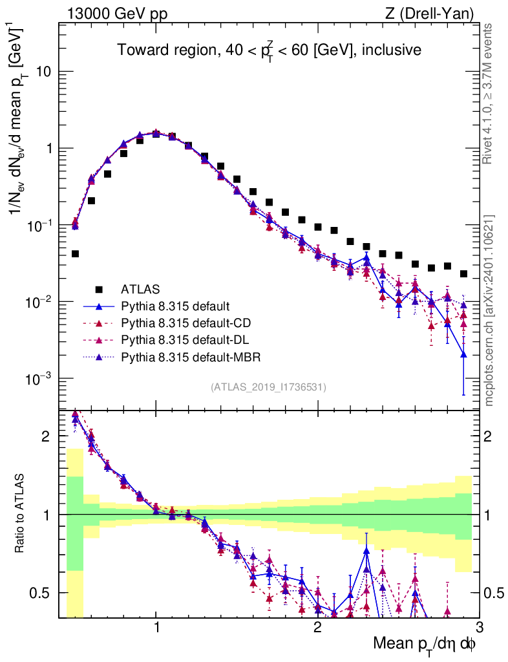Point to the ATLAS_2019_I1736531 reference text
click(268, 387)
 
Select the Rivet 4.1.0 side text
click(490, 94)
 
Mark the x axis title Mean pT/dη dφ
click(425, 645)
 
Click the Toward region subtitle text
click(269, 50)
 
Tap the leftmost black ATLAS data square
click(75, 254)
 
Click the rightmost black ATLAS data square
click(463, 274)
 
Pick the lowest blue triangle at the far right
click(463, 354)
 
